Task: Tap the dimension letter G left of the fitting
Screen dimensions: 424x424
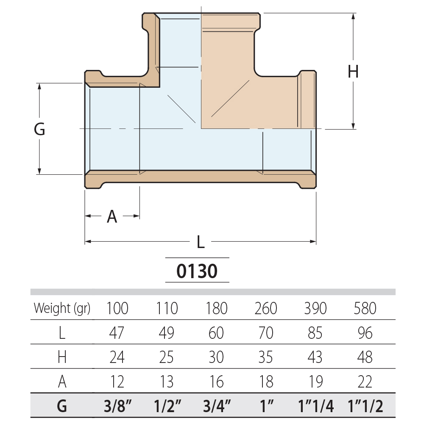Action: (x=39, y=129)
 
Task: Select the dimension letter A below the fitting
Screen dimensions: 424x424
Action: (x=112, y=216)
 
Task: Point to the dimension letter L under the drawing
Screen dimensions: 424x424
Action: (x=201, y=242)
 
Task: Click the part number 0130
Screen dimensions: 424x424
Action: (x=197, y=271)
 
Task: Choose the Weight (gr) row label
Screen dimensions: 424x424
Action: (x=62, y=308)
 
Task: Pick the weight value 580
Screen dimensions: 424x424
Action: (x=365, y=308)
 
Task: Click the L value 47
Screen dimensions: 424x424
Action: (x=117, y=332)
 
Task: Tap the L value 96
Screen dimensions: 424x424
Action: (x=365, y=332)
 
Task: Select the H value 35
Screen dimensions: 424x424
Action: (x=265, y=357)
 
